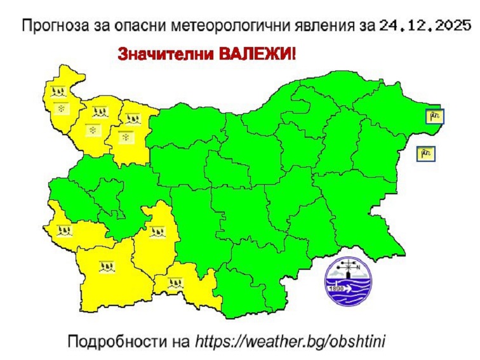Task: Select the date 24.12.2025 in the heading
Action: pos(425,26)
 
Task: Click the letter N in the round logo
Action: pos(359,267)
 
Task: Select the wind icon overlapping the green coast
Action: pos(435,116)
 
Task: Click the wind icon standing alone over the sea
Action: pos(426,152)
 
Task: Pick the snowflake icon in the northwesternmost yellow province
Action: pos(61,109)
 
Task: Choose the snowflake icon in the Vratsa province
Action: pos(126,138)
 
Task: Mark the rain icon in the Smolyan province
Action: pos(176,282)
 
